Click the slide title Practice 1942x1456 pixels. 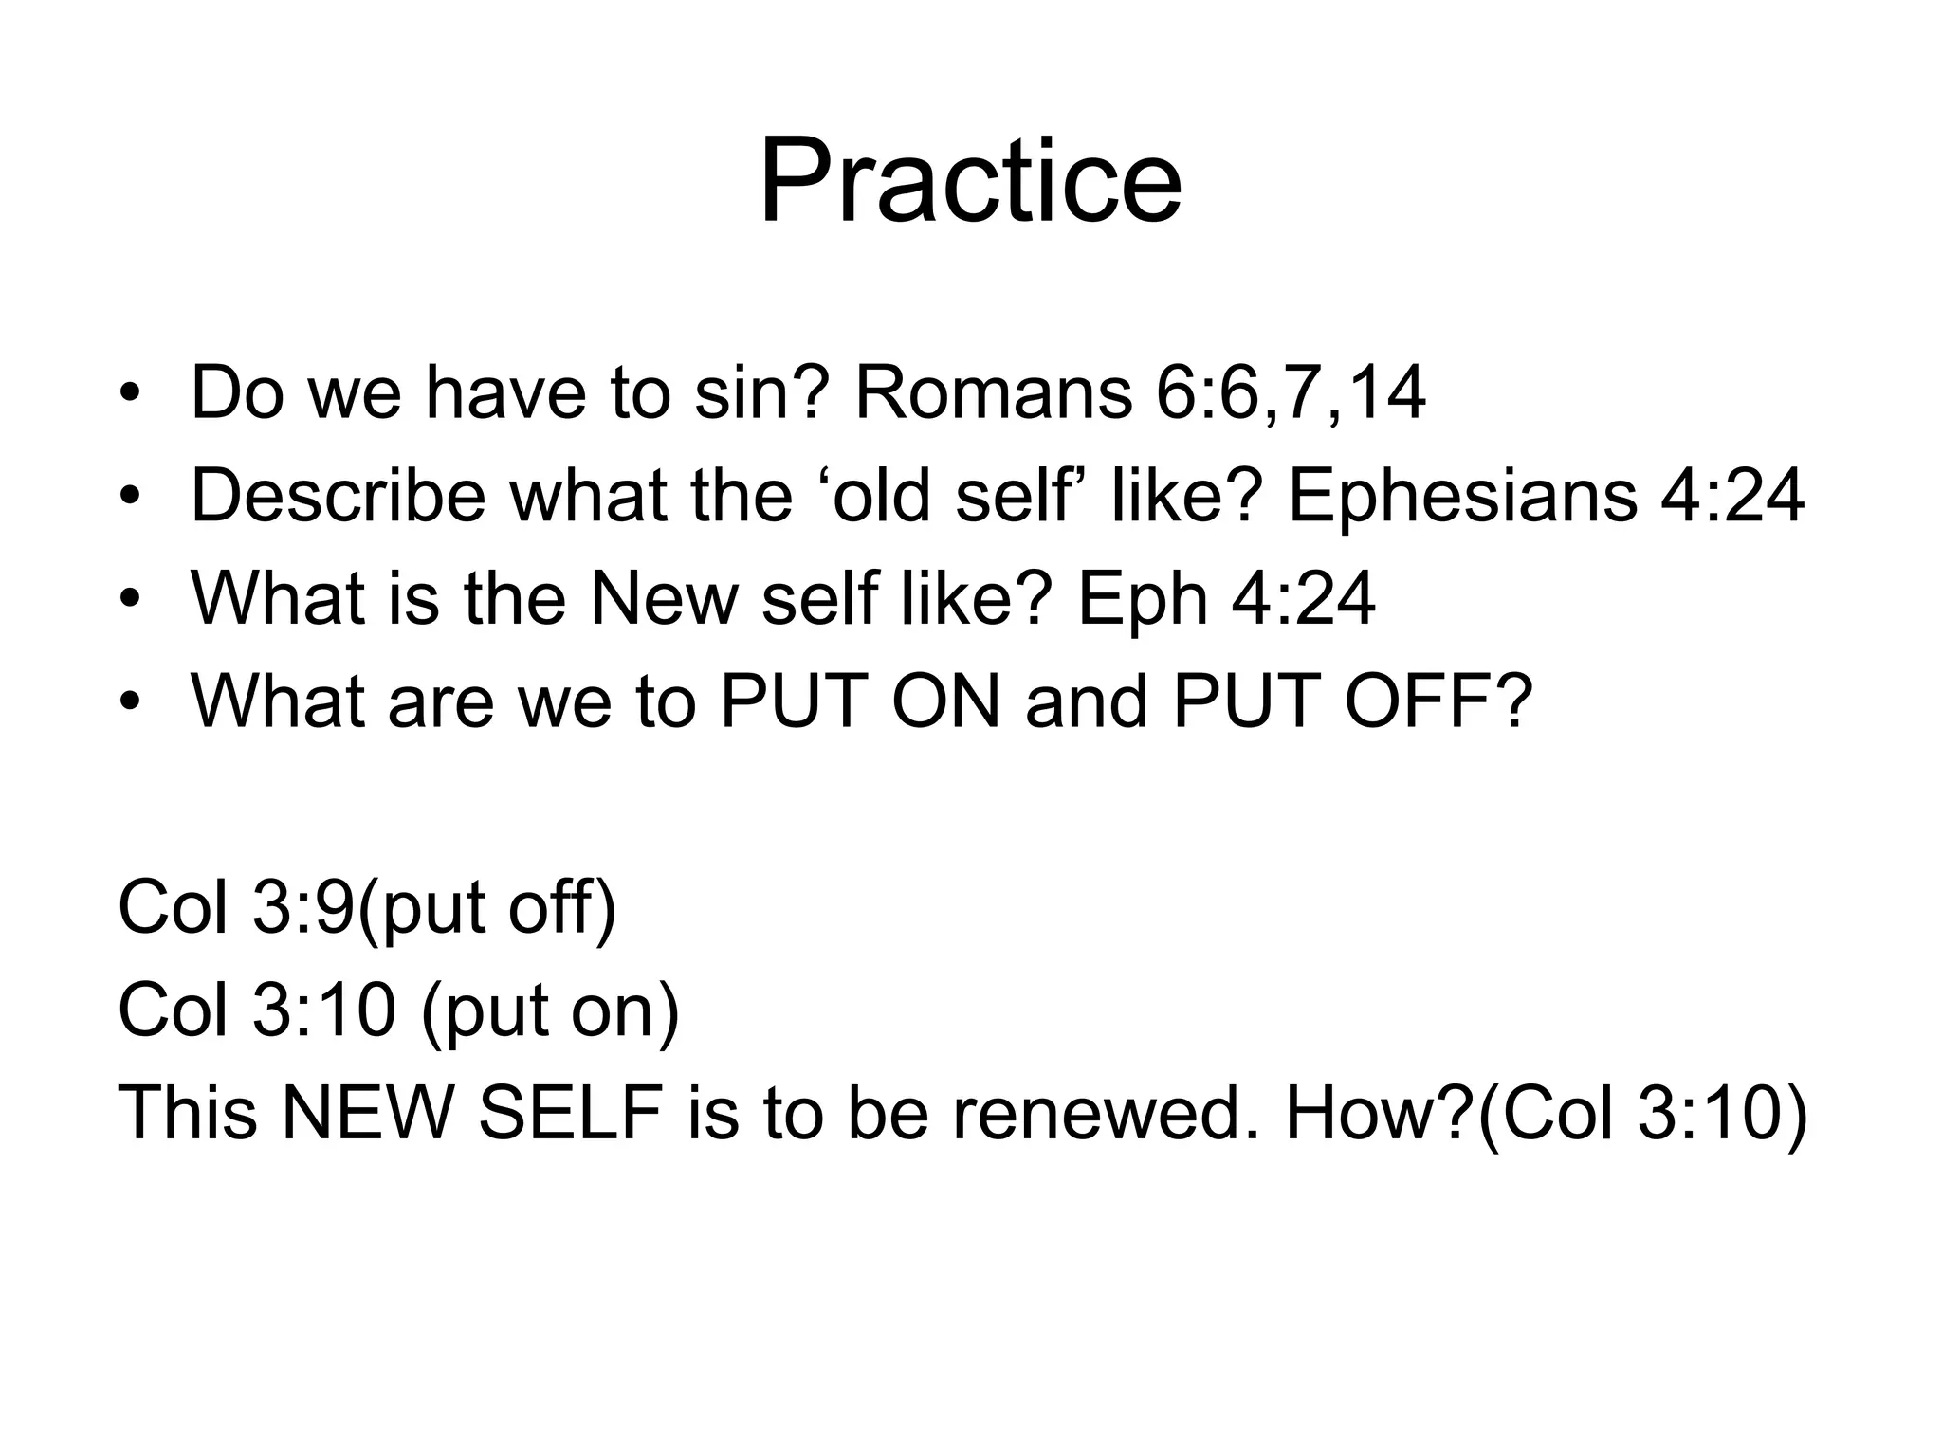(x=970, y=181)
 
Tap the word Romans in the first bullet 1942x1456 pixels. (x=993, y=392)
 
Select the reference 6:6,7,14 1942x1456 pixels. (x=1290, y=394)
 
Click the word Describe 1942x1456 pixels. (x=338, y=495)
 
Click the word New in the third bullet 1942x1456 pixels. (x=663, y=598)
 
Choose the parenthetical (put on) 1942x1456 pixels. (x=550, y=1011)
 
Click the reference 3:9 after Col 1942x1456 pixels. (x=302, y=907)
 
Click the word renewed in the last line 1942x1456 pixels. (x=1108, y=1112)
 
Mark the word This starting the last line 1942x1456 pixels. (x=187, y=1112)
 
